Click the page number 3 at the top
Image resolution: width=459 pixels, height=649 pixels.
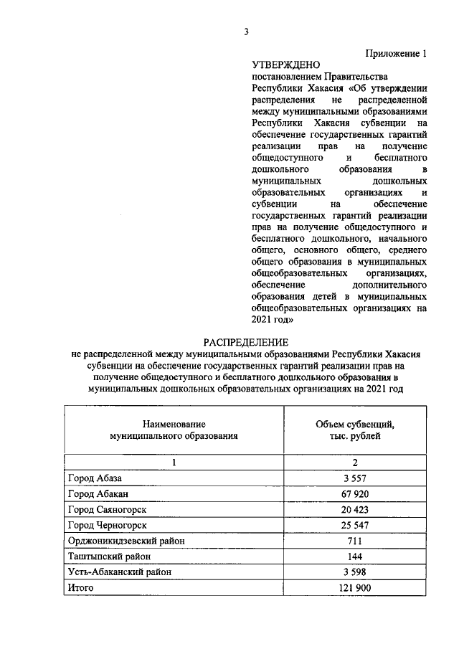click(246, 31)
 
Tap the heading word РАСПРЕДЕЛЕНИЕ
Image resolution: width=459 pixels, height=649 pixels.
click(245, 342)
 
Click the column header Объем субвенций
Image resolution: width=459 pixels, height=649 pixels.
click(355, 424)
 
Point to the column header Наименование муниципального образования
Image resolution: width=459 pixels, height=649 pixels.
click(174, 430)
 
